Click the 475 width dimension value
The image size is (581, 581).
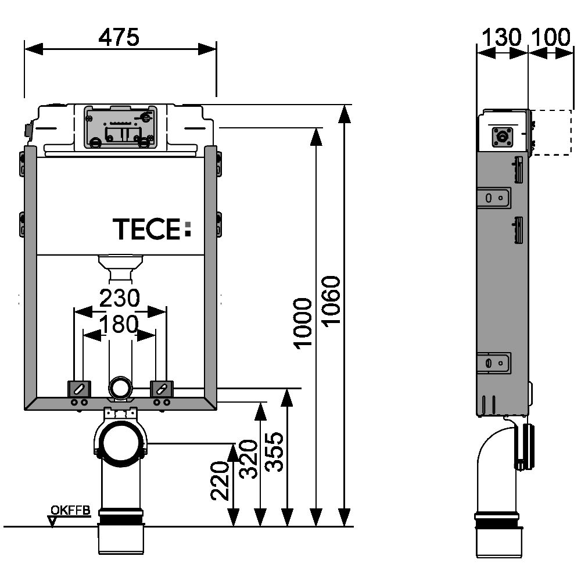(119, 37)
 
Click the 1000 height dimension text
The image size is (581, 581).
(303, 323)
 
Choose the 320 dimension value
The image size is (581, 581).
(248, 459)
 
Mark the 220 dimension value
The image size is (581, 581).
(220, 481)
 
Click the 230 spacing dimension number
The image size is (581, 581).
(120, 299)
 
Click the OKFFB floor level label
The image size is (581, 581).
(71, 511)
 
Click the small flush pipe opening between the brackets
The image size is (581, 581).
(120, 387)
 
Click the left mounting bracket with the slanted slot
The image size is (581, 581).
(78, 388)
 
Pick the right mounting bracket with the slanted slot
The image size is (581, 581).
(162, 388)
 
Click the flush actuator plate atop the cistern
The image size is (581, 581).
(120, 127)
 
